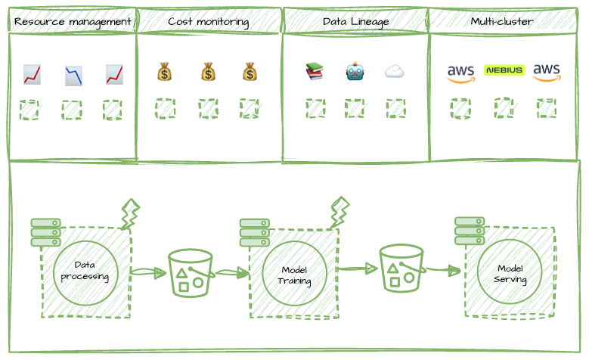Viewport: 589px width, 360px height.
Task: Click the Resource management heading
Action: click(73, 22)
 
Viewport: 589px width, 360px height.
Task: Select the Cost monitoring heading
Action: click(209, 22)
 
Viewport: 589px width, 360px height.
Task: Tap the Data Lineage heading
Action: click(355, 22)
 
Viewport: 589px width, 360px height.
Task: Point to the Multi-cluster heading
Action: click(501, 22)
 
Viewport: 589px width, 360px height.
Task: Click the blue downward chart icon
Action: click(73, 75)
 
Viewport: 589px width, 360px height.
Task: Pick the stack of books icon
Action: click(314, 72)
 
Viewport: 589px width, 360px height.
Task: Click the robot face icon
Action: click(355, 72)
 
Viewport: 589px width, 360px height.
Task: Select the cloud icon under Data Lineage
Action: click(394, 72)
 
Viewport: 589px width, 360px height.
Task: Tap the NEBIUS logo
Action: click(504, 70)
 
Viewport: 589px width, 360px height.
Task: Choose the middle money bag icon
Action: click(209, 73)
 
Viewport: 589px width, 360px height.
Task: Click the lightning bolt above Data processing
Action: click(130, 215)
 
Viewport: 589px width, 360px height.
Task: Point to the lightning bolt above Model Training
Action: click(339, 212)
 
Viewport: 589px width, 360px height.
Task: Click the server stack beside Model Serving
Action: click(469, 231)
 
